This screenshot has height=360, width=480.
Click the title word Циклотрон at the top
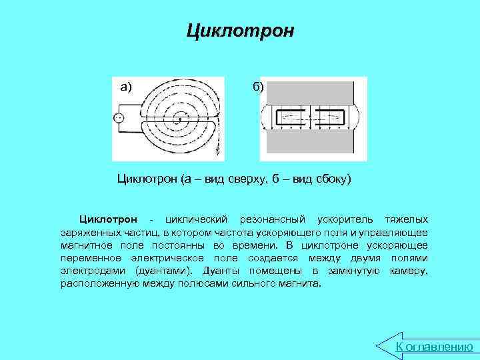(x=239, y=31)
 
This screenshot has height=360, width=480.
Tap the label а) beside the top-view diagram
(x=126, y=87)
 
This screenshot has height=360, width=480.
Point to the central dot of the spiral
(x=179, y=119)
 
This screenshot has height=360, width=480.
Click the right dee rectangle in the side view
(x=331, y=119)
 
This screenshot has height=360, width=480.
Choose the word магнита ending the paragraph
(x=301, y=283)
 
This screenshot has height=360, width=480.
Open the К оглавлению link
(x=434, y=347)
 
